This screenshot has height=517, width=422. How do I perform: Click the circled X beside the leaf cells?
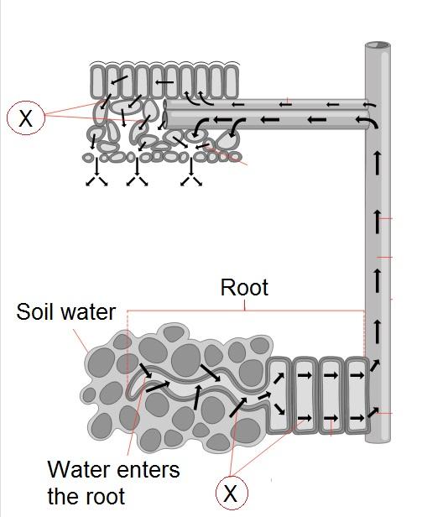click(x=26, y=117)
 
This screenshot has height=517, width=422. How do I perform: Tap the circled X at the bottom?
click(x=232, y=493)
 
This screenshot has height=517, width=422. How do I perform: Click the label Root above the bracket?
click(x=244, y=288)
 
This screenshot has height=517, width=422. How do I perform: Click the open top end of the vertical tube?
click(x=378, y=45)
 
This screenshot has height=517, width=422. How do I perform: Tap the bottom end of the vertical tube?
click(x=378, y=439)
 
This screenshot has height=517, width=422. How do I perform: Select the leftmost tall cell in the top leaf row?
click(x=97, y=81)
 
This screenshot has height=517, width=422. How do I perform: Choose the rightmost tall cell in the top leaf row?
click(x=231, y=81)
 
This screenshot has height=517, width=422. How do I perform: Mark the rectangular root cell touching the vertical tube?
click(x=357, y=394)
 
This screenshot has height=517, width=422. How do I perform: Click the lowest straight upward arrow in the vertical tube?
click(x=378, y=331)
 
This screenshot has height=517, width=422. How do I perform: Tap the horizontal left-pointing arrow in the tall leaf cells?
click(x=164, y=82)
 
